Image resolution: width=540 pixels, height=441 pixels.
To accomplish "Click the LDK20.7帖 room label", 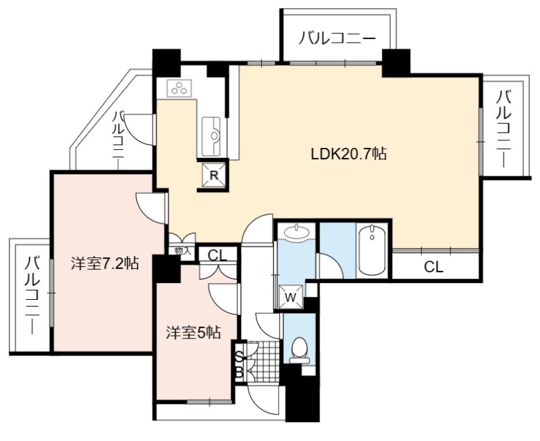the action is pyautogui.click(x=348, y=154).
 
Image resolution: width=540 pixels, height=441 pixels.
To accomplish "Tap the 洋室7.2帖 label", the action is pyautogui.click(x=105, y=263).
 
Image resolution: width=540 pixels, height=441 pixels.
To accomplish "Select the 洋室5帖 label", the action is pyautogui.click(x=193, y=333).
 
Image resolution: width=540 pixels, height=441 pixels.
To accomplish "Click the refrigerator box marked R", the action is pyautogui.click(x=214, y=176).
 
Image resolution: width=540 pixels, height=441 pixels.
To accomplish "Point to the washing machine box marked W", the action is pyautogui.click(x=291, y=297).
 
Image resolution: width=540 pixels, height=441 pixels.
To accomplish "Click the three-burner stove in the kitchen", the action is pyautogui.click(x=180, y=88).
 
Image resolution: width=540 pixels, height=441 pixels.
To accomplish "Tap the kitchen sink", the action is pyautogui.click(x=211, y=136).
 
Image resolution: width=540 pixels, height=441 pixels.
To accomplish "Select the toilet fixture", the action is pyautogui.click(x=298, y=350).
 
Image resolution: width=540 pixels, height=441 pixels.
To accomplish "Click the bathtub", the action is pyautogui.click(x=371, y=250).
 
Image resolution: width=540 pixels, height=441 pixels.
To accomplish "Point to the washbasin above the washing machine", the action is pyautogui.click(x=296, y=231).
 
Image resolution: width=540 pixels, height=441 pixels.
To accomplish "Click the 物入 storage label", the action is pyautogui.click(x=182, y=251).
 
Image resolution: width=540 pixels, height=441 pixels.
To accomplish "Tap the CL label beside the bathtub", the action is pyautogui.click(x=433, y=267).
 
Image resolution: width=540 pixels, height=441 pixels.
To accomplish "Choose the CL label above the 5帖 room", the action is pyautogui.click(x=217, y=256).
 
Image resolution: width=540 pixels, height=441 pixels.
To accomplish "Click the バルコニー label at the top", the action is pyautogui.click(x=337, y=38).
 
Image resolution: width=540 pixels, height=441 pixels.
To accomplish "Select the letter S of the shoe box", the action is pyautogui.click(x=239, y=357).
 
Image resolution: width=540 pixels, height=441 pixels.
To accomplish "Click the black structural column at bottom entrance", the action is pyautogui.click(x=302, y=398).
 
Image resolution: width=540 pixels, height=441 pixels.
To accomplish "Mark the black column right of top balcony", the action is pyautogui.click(x=396, y=63).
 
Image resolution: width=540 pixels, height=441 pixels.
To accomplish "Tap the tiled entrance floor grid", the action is pyautogui.click(x=263, y=362).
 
